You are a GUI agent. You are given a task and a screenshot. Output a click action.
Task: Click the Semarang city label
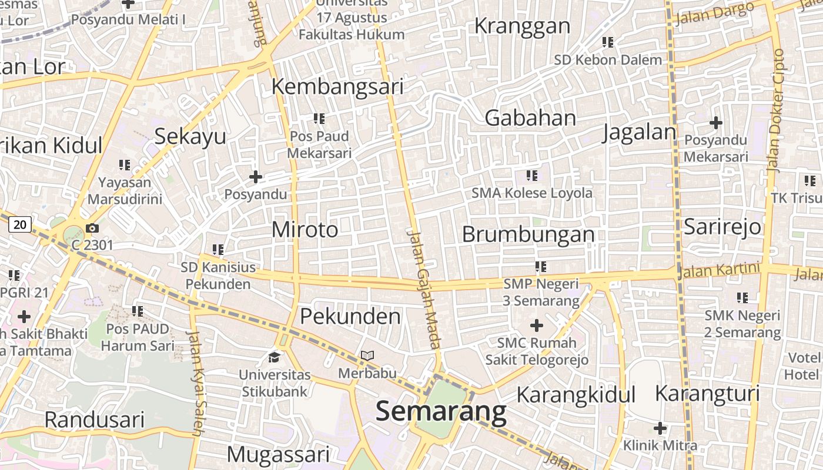441,412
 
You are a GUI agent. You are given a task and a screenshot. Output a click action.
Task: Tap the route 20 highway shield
21,224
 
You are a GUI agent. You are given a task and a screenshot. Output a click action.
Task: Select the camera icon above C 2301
92,228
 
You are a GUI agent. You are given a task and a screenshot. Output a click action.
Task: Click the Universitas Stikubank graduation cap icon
275,357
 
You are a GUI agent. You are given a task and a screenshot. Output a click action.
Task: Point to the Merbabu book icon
367,355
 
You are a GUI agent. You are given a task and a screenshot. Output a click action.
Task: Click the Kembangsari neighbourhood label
337,86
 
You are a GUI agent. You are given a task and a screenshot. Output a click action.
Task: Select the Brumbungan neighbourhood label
528,234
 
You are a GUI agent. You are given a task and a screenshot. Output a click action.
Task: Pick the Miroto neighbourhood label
305,230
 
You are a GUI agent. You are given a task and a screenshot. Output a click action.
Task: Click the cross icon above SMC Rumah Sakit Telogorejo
537,325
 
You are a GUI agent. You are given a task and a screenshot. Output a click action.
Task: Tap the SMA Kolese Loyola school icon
532,175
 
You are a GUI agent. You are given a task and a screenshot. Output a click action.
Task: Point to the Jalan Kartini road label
719,271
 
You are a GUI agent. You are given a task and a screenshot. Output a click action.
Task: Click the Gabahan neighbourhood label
530,118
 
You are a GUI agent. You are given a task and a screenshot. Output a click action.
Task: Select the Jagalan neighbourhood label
639,132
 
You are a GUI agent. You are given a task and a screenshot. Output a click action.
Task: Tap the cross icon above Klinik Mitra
660,428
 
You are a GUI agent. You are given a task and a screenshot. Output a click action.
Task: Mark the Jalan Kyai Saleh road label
195,382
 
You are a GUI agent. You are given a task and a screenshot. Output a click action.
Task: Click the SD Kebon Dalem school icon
608,42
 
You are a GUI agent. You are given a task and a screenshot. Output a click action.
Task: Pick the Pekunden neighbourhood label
350,317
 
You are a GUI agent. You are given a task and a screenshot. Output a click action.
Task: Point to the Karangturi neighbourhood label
707,394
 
